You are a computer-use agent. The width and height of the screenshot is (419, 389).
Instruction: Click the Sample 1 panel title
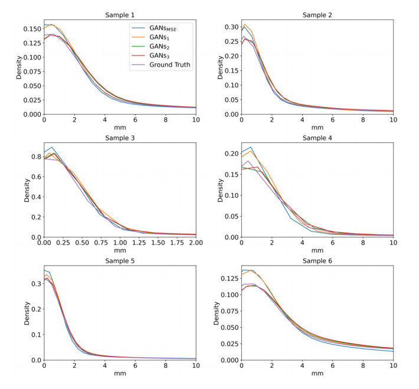coord(120,14)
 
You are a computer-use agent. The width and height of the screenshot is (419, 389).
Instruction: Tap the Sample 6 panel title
coord(317,260)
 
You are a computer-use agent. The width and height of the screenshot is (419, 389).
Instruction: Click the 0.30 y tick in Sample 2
coord(231,27)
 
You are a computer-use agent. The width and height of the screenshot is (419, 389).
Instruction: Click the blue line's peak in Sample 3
coord(52,147)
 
